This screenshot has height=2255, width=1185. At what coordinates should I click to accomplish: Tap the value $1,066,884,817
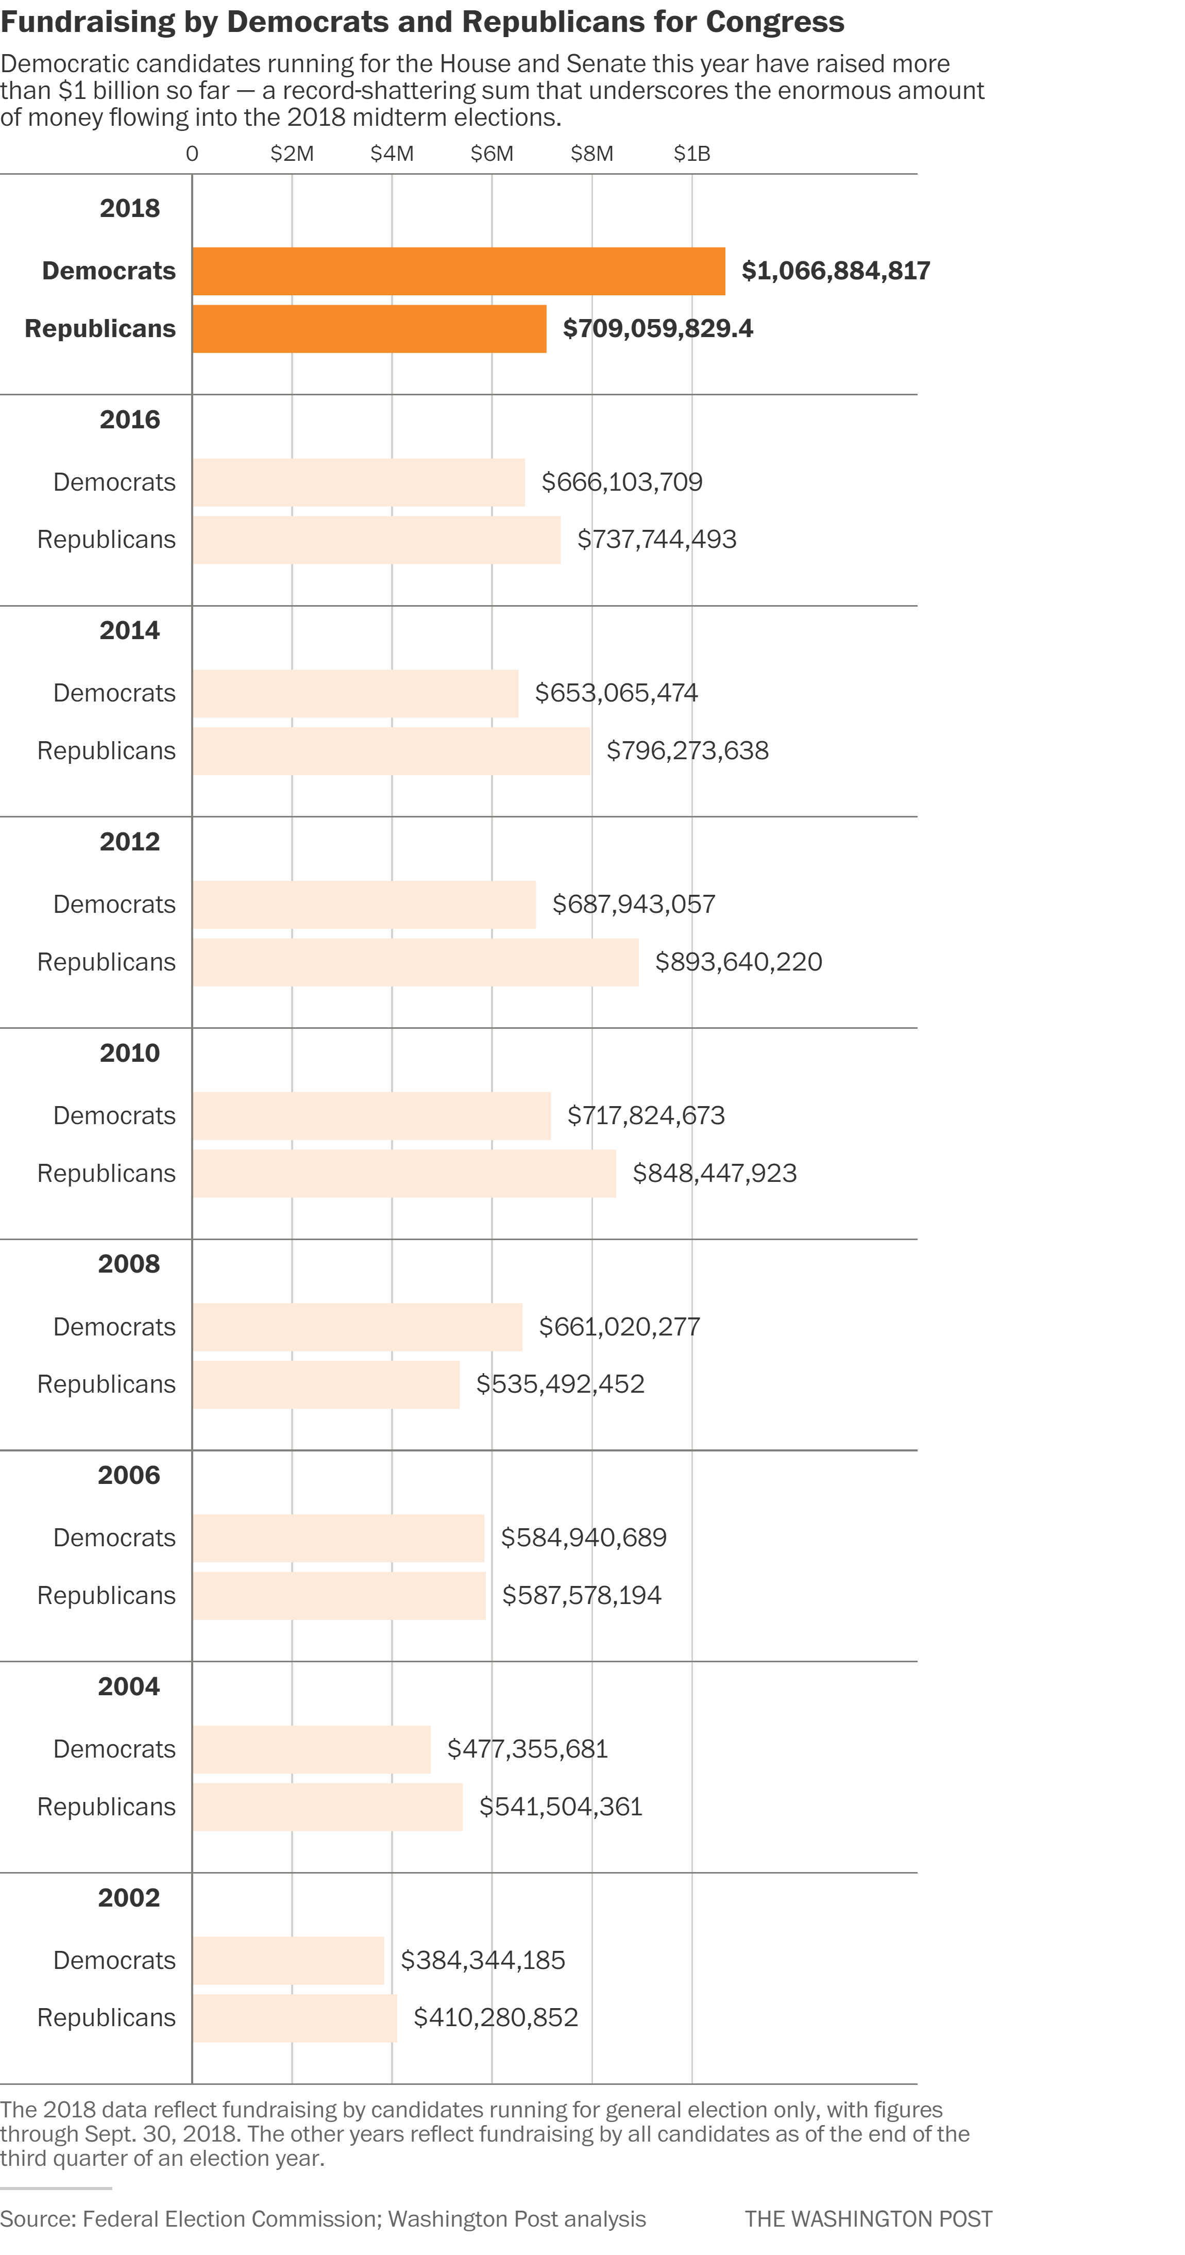pos(835,271)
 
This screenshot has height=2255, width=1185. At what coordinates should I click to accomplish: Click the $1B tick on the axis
pos(691,154)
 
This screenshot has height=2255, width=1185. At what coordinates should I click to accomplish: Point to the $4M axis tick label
pos(391,154)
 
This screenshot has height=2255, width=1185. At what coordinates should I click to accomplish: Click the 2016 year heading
pos(129,420)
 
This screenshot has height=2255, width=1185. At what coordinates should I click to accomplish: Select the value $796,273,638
pos(687,750)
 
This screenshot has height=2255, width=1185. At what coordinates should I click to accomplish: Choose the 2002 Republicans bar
pos(294,2018)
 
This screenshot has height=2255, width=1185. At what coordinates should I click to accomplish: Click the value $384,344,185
pos(482,1960)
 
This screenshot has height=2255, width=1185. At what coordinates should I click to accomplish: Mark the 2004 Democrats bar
pos(312,1749)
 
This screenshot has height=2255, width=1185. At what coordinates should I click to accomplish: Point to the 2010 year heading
pos(129,1053)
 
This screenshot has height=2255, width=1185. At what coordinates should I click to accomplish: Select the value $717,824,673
pos(646,1115)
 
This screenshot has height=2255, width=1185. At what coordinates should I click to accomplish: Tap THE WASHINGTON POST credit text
pos(868,2219)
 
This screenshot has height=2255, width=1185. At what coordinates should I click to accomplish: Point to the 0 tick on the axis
pos(192,154)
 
